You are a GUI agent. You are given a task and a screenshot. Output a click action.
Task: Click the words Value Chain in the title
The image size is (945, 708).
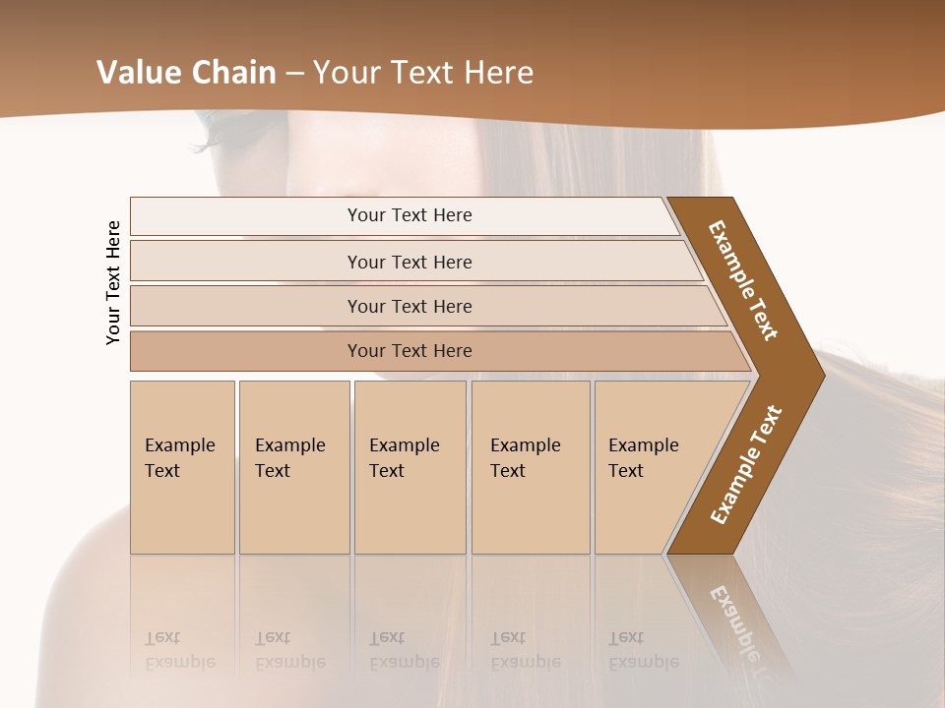186,72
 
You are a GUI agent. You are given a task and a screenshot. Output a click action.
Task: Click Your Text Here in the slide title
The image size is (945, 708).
423,72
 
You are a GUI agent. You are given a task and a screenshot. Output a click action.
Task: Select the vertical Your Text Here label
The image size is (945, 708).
113,282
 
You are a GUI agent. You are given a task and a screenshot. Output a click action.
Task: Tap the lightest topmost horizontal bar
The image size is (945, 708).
409,215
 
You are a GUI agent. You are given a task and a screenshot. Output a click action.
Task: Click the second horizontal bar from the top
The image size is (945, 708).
409,262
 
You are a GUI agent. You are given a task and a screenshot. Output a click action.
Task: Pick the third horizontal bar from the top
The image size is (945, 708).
409,306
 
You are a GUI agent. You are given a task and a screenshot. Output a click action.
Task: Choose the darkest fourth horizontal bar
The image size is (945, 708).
409,351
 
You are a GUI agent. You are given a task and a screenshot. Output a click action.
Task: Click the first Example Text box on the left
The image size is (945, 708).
182,467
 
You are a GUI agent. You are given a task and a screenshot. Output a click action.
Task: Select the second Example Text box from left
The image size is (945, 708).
293,467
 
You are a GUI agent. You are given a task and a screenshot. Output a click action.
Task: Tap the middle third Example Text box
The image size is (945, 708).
409,467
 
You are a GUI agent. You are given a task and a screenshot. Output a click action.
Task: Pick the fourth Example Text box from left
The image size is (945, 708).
530,467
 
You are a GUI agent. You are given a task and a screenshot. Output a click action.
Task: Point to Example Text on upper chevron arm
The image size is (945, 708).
743,280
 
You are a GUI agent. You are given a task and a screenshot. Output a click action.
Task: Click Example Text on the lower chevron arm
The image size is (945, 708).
746,464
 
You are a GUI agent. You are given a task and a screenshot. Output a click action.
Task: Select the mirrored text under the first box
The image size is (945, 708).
179,650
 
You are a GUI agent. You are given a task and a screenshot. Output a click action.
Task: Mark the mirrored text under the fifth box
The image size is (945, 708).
643,650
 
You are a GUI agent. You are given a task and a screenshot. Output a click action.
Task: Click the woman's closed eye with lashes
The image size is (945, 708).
221,125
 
